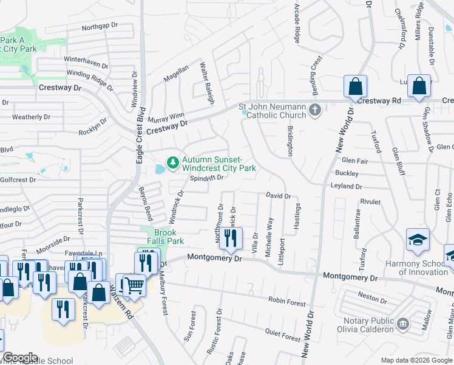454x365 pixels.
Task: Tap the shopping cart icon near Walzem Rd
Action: point(134,284)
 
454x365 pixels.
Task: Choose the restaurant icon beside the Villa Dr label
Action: point(230,238)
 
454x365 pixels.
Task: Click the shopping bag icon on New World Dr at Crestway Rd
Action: point(356,86)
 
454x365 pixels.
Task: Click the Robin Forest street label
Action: point(288,301)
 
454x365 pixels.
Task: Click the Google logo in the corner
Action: point(21,358)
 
